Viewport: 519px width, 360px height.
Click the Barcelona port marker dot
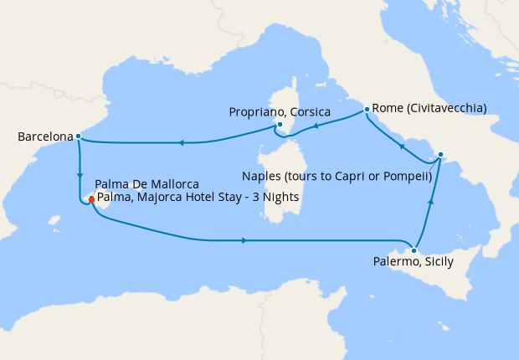[x=78, y=136]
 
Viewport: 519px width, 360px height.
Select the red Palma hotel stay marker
[x=90, y=199]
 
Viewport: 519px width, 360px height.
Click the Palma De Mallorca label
[x=146, y=183]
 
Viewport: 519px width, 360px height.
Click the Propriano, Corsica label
[x=279, y=111]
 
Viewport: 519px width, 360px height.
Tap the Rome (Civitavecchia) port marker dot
[x=367, y=109]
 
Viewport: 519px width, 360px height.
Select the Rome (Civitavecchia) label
[x=429, y=107]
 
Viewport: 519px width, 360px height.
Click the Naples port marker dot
[x=441, y=154]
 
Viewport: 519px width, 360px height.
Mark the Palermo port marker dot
[x=414, y=249]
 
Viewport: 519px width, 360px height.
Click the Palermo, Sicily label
[x=414, y=262]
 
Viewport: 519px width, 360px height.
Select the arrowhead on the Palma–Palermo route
[x=244, y=241]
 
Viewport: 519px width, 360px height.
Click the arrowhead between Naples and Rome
[x=402, y=147]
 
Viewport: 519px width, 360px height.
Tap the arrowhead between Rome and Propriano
[x=316, y=128]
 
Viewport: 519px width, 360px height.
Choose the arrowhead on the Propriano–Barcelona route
[x=181, y=142]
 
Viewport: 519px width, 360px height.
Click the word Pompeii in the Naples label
[x=409, y=176]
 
